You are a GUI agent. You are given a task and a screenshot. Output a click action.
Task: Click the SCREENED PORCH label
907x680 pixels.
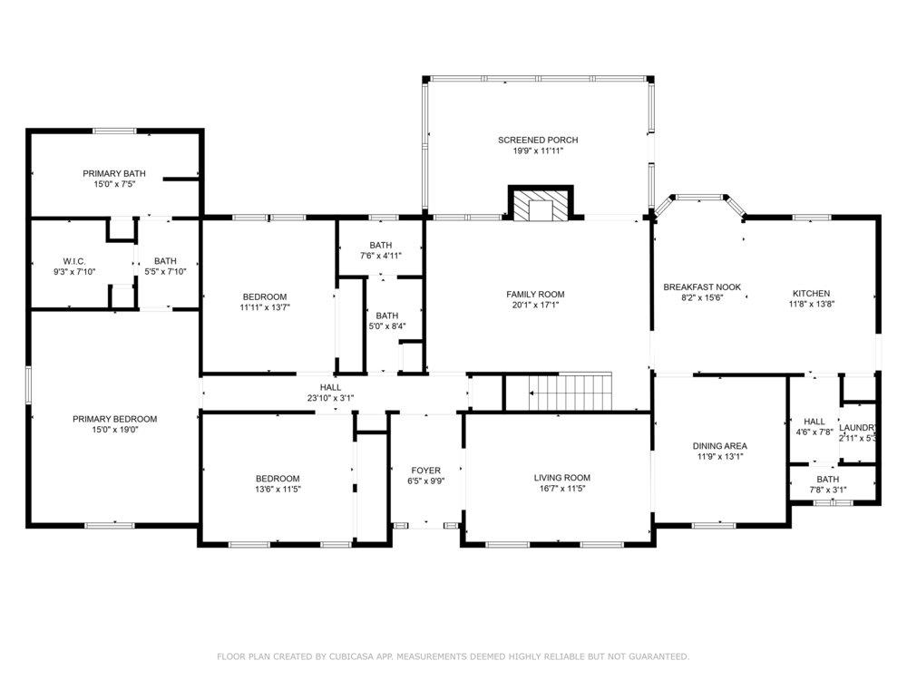[538, 140]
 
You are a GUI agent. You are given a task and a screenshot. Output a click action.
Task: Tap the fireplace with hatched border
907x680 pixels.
[541, 203]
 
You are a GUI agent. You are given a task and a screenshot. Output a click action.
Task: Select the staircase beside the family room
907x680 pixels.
[571, 392]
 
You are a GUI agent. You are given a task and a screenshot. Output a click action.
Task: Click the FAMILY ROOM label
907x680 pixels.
[536, 295]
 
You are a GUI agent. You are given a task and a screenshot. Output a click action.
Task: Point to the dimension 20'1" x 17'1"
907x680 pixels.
[536, 305]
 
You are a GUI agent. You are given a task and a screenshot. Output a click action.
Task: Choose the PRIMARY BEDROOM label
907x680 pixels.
[114, 419]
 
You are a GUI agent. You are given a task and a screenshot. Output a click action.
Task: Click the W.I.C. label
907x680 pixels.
[74, 261]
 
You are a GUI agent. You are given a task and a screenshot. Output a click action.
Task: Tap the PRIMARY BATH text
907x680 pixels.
[114, 173]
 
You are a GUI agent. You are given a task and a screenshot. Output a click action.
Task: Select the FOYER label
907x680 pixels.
[425, 471]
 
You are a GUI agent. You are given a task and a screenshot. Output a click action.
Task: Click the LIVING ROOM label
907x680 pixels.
[562, 478]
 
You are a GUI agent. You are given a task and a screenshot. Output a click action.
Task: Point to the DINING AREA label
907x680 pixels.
[720, 446]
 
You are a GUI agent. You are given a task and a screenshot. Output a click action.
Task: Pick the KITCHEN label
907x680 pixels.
[812, 294]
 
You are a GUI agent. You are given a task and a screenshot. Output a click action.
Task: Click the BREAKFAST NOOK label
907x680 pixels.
[702, 287]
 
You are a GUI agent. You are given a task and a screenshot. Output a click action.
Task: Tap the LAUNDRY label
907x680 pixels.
[858, 428]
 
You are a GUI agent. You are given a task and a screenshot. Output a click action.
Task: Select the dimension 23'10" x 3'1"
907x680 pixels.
[330, 398]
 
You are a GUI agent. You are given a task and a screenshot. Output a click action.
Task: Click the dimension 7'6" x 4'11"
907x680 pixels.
[381, 256]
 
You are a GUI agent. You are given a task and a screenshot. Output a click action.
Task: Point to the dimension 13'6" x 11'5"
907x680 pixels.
[278, 490]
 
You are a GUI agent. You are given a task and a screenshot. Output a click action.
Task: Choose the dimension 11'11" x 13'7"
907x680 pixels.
[265, 307]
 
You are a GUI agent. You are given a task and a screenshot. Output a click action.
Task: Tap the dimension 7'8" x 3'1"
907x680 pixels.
[828, 490]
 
